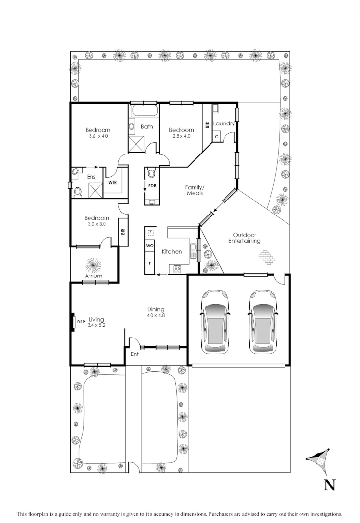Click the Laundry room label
[x=224, y=123]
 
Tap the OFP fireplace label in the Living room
[x=81, y=321]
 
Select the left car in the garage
[x=216, y=321]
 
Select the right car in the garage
[x=263, y=321]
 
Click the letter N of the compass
[x=329, y=485]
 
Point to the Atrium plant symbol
[x=93, y=265]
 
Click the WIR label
[x=112, y=183]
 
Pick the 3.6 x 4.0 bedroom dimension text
[x=98, y=136]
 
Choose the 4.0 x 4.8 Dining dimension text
[x=155, y=316]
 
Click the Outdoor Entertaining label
[x=244, y=237]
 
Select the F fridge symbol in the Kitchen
[x=150, y=233]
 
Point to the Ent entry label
[x=135, y=354]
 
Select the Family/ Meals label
[x=195, y=190]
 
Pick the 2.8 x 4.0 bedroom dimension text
[x=181, y=136]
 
